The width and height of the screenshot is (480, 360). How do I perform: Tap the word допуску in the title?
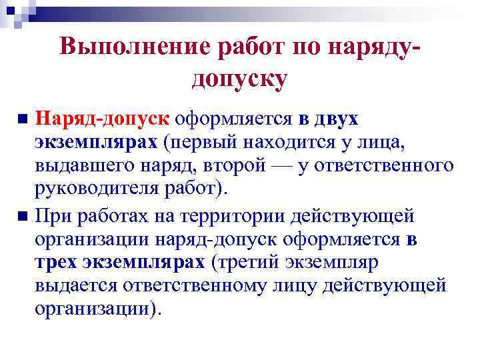239,79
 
